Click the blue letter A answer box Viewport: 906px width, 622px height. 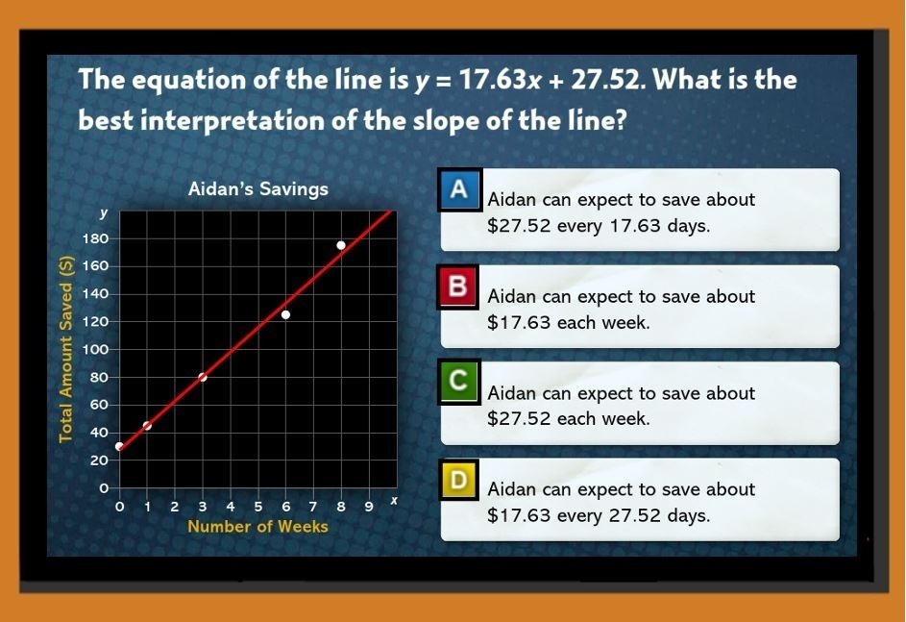[x=459, y=188]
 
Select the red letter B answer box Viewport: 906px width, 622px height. [x=457, y=286]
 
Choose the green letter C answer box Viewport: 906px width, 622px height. [x=458, y=381]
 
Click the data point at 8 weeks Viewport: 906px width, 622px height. [x=341, y=246]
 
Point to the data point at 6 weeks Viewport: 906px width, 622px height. [x=285, y=315]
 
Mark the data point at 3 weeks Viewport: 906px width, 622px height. [x=203, y=378]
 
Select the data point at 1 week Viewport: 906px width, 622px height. [x=147, y=426]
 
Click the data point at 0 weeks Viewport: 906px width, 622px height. [x=119, y=446]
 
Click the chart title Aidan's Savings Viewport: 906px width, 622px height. [x=257, y=189]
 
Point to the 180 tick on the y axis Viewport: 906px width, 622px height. [x=95, y=238]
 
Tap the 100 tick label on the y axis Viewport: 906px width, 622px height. [x=95, y=350]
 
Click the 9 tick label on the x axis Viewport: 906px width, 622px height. [x=369, y=507]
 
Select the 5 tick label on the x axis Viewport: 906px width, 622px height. [x=258, y=507]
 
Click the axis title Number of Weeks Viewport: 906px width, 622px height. [x=257, y=527]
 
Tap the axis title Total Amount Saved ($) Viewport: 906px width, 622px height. [x=66, y=349]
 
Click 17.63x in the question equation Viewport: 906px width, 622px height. [x=500, y=80]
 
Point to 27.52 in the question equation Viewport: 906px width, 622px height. [x=606, y=80]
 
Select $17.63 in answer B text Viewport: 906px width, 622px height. [x=519, y=323]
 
